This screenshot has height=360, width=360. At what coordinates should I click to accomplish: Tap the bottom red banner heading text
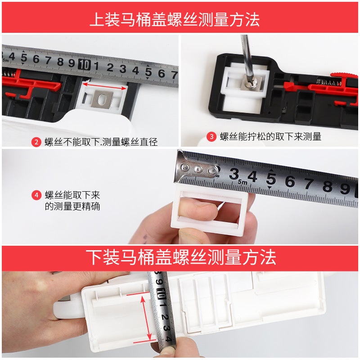click(180, 257)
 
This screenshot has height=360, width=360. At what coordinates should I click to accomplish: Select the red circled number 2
click(37, 142)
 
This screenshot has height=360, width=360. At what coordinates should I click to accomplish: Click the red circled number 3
click(211, 137)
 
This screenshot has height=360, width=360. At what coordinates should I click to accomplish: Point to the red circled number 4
click(37, 196)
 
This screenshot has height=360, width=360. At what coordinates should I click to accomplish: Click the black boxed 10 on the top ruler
click(84, 64)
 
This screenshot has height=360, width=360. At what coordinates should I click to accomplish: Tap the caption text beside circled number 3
click(270, 137)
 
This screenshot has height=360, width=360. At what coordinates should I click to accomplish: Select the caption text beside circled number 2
click(101, 142)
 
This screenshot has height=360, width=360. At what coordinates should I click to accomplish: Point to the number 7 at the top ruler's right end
click(174, 73)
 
